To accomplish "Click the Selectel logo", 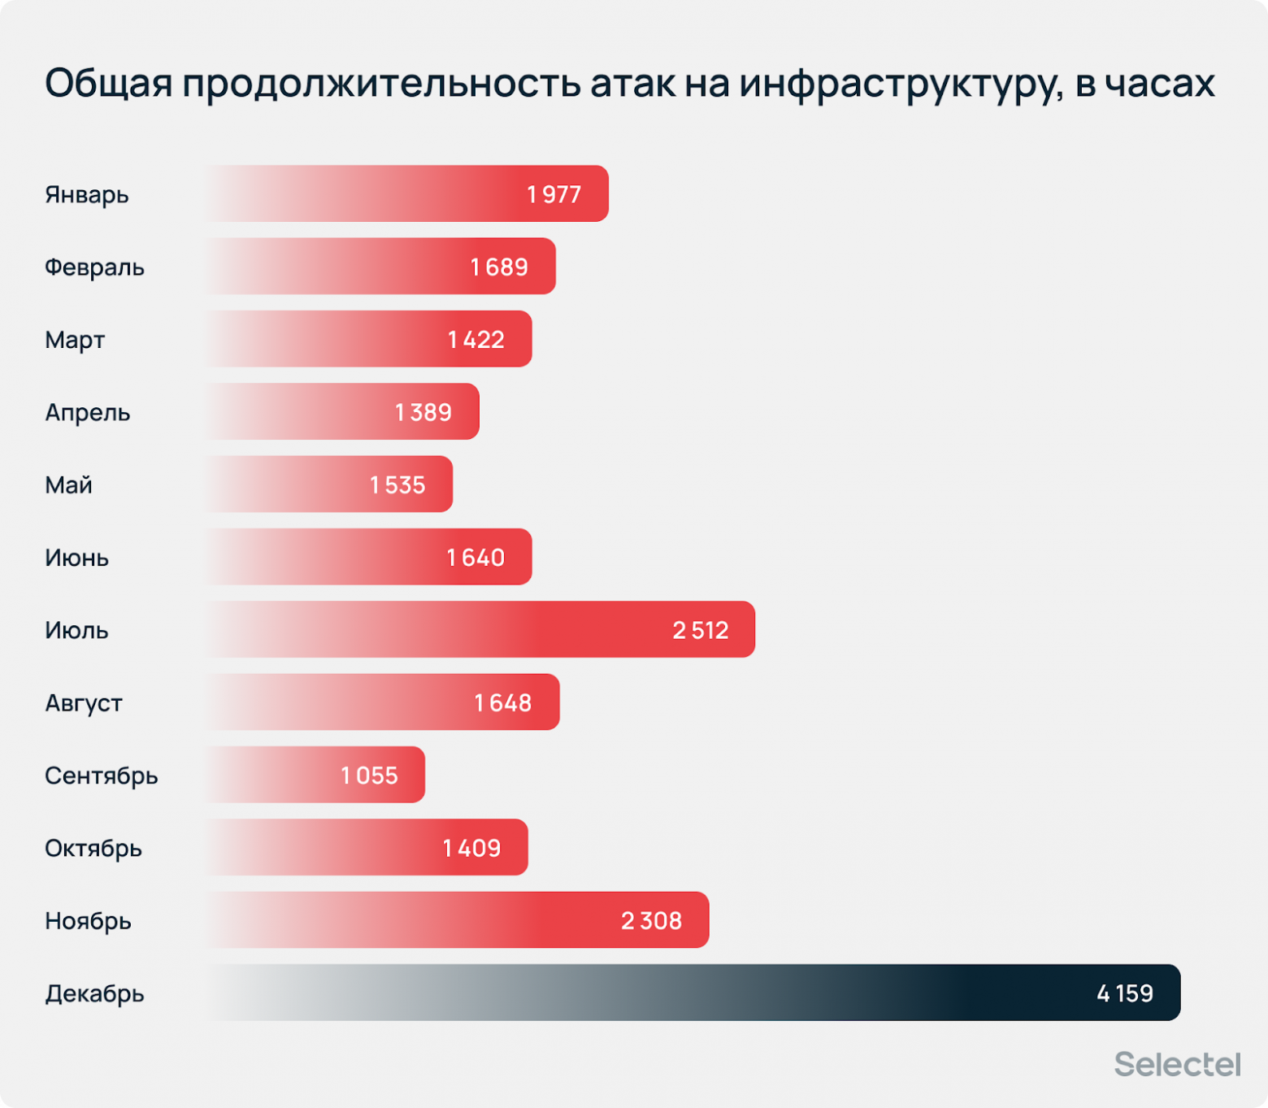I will (1177, 1064).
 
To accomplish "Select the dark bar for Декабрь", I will (691, 993).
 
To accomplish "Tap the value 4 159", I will (1124, 993).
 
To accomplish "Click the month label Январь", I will (87, 195).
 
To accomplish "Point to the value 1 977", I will (554, 194).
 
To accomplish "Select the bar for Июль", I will (480, 629).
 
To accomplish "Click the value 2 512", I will (700, 630).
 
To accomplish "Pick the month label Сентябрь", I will (102, 776).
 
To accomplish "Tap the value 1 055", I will (369, 776).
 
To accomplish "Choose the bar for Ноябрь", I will (455, 920).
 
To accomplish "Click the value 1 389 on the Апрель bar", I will (423, 412).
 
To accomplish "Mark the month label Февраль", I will (94, 267).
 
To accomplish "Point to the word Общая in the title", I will (108, 84).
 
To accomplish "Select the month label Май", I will (68, 485).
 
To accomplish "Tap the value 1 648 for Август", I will (502, 702).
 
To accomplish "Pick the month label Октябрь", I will (93, 848).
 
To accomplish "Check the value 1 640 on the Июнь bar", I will (475, 558).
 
